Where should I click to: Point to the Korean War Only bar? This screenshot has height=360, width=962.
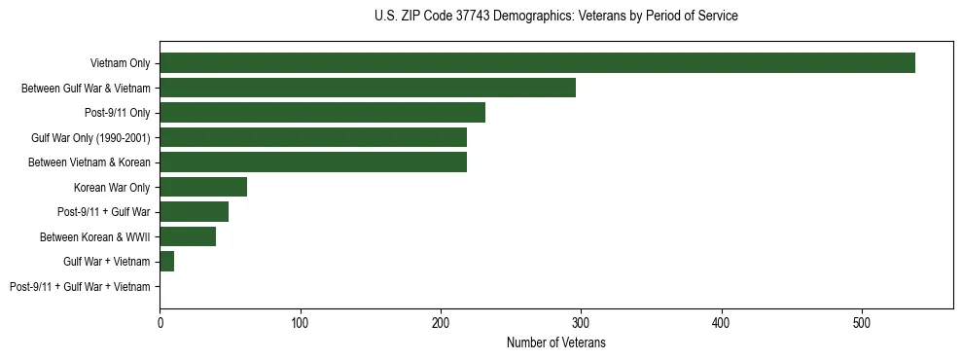pyautogui.click(x=203, y=187)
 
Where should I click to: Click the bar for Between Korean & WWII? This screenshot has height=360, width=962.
pyautogui.click(x=188, y=236)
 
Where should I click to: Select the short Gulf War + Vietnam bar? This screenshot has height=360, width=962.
pyautogui.click(x=166, y=262)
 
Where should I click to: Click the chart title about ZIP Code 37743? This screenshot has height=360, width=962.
pyautogui.click(x=556, y=17)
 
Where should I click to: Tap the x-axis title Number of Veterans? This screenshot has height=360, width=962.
pyautogui.click(x=556, y=342)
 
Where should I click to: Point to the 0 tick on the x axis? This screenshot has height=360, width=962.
pyautogui.click(x=160, y=322)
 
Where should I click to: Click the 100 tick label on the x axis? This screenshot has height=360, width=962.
pyautogui.click(x=301, y=322)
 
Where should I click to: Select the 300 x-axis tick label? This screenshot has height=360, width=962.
pyautogui.click(x=581, y=322)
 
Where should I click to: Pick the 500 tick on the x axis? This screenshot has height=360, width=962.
pyautogui.click(x=862, y=322)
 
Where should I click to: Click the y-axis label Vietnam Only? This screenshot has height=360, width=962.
pyautogui.click(x=120, y=63)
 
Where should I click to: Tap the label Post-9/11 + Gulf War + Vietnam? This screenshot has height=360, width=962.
pyautogui.click(x=80, y=287)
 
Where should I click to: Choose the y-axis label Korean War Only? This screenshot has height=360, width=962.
pyautogui.click(x=112, y=187)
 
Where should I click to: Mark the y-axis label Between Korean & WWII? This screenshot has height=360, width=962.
pyautogui.click(x=95, y=236)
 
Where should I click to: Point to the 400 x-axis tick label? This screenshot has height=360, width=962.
pyautogui.click(x=722, y=322)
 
